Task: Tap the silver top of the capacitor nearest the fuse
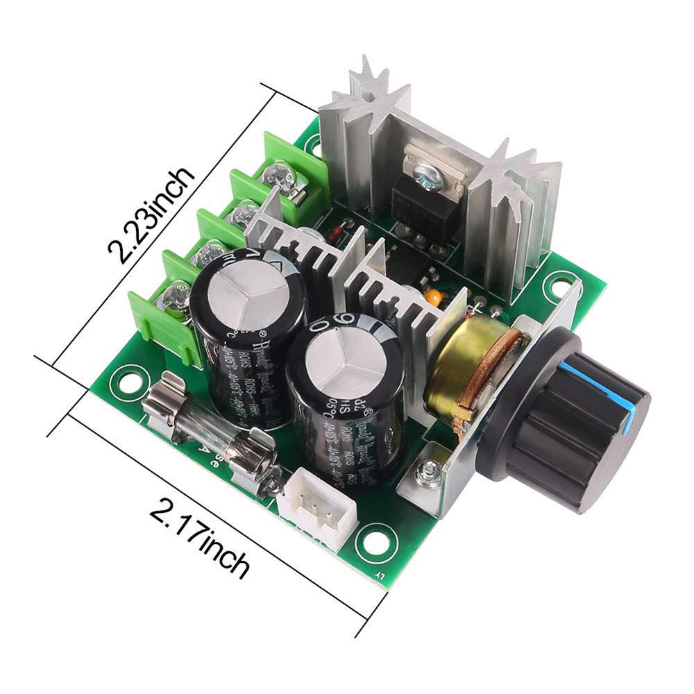[249, 285]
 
